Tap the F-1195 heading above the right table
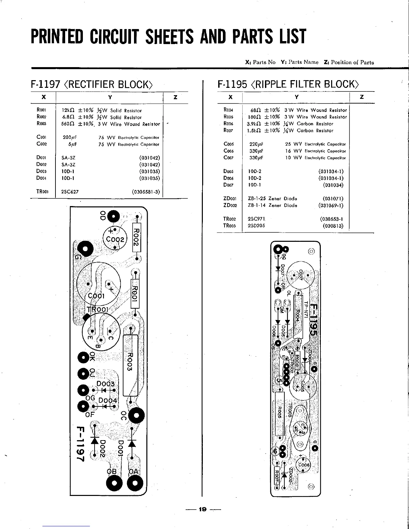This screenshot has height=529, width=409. [x=232, y=84]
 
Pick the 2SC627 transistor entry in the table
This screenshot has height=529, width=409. [x=70, y=192]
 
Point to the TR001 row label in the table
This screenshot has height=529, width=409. [x=43, y=192]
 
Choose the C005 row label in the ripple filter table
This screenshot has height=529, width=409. [x=229, y=144]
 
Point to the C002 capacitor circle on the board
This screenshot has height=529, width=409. [x=115, y=239]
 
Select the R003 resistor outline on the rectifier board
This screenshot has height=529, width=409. [x=130, y=365]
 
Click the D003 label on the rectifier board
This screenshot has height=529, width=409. [x=105, y=384]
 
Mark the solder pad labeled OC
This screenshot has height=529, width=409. [x=136, y=415]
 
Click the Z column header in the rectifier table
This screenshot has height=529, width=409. [x=175, y=98]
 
